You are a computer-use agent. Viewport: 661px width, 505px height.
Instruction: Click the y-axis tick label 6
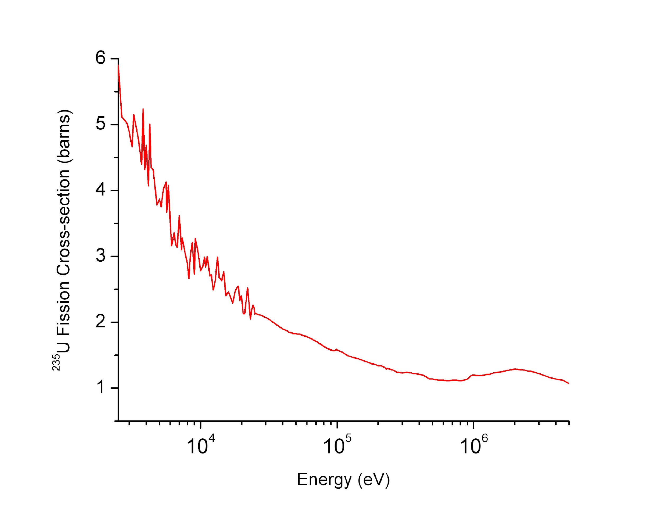[100, 57]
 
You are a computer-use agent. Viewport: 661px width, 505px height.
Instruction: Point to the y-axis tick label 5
[100, 124]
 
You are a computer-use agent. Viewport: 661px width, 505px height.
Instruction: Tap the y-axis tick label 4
[100, 190]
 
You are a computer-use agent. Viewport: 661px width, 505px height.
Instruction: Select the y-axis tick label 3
[100, 256]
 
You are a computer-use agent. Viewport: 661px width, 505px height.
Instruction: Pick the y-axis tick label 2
[100, 322]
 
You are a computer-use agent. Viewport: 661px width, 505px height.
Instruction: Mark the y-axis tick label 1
[100, 387]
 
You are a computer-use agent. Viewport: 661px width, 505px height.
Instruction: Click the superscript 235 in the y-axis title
[56, 362]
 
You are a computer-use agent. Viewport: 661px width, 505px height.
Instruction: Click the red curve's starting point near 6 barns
[118, 66]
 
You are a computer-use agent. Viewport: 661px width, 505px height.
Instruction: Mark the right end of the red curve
[568, 383]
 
